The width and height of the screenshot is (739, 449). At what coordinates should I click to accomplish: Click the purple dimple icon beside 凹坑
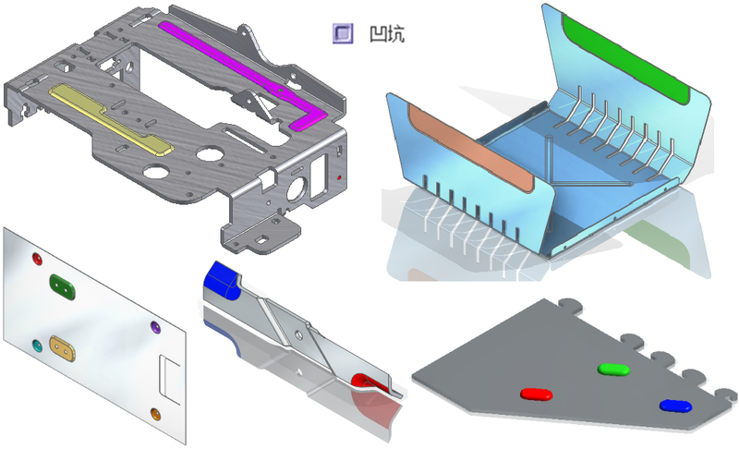point(343,33)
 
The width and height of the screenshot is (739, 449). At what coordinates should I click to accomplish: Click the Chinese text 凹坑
point(387,34)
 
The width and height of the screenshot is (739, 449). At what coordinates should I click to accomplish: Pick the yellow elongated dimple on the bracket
point(111,117)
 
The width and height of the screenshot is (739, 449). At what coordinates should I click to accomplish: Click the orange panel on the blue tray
point(470,148)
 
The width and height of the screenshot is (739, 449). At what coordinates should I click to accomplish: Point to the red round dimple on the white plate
point(37,258)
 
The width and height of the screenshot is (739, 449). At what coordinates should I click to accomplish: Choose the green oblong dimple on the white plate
point(62,287)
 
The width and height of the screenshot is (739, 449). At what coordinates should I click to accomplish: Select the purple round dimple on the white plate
point(155,327)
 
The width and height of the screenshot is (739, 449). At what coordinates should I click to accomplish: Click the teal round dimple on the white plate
point(37,346)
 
